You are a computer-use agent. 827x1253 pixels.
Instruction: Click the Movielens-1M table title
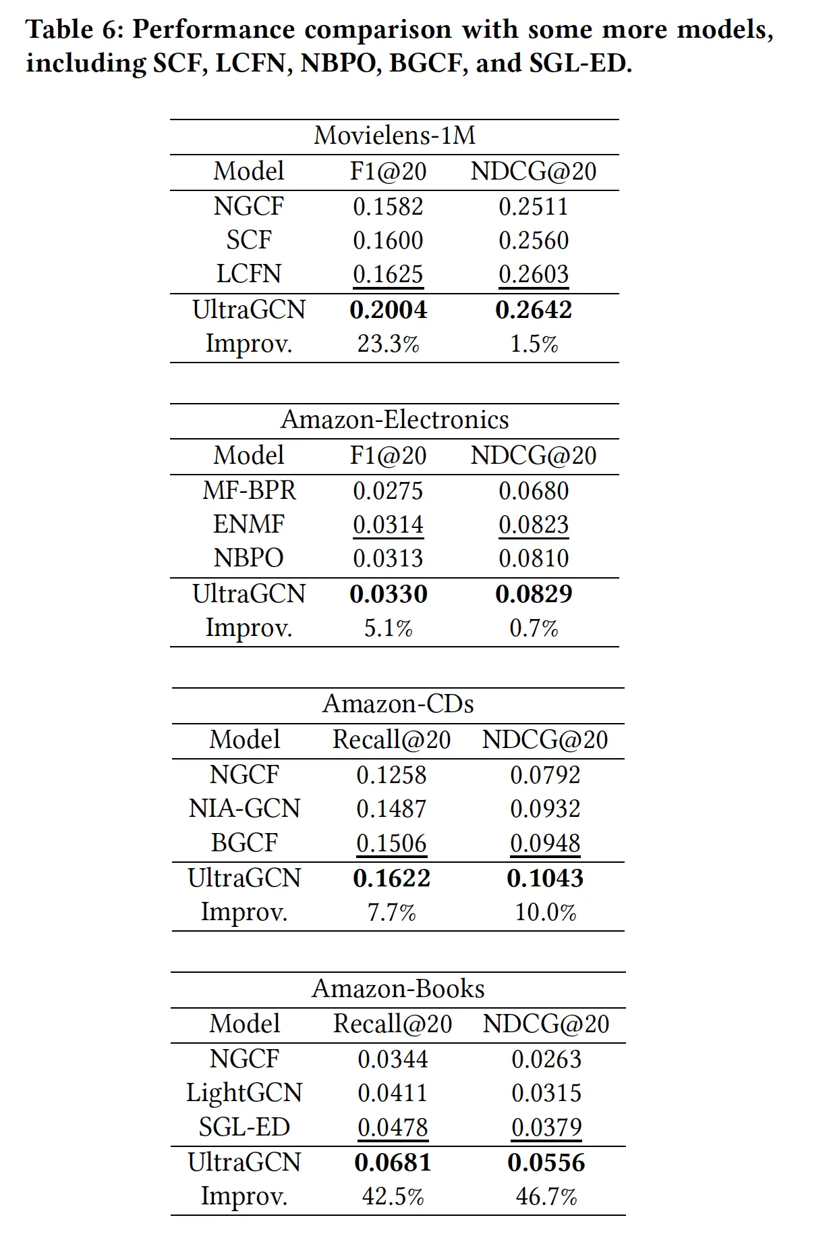click(395, 136)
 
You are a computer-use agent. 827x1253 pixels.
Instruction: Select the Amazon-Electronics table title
click(395, 420)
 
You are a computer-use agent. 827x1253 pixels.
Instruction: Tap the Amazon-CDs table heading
click(398, 704)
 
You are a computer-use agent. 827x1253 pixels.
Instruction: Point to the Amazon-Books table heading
click(398, 989)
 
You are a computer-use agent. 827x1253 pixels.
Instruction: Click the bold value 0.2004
click(389, 310)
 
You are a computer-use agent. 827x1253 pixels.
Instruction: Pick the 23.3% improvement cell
click(389, 344)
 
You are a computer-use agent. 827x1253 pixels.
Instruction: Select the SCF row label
click(249, 240)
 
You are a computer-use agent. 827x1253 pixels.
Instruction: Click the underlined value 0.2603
click(534, 274)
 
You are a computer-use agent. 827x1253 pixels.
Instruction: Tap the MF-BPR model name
click(249, 491)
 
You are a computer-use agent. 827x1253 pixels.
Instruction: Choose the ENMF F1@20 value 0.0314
click(389, 525)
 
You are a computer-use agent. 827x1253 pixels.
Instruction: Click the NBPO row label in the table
click(249, 558)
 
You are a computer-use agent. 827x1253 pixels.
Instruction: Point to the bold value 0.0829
click(534, 594)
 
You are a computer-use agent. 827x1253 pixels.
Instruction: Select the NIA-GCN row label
click(244, 809)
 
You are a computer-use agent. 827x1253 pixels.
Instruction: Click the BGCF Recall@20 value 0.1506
click(392, 843)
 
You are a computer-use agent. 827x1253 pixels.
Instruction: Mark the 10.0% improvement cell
click(546, 913)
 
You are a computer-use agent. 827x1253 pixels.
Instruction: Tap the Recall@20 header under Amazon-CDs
click(392, 740)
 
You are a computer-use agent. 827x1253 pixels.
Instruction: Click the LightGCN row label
click(244, 1093)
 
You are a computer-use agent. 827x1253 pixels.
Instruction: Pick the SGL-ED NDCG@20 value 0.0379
click(546, 1127)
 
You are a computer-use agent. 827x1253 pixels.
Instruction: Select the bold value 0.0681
click(393, 1163)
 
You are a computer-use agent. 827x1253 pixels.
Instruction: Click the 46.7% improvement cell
click(546, 1197)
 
